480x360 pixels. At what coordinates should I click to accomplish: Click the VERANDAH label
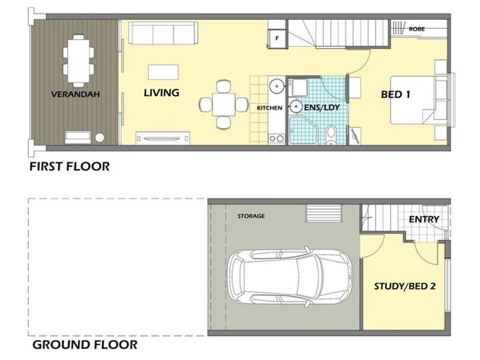[x=76, y=94]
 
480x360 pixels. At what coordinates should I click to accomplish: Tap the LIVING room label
[x=161, y=92]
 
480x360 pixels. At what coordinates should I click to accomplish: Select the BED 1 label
[x=395, y=94]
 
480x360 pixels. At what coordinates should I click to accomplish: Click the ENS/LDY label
[x=322, y=107]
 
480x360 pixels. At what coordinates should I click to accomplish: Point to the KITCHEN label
[x=269, y=108]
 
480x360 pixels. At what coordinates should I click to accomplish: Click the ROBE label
[x=417, y=29]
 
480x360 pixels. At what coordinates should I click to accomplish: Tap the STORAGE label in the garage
[x=251, y=216]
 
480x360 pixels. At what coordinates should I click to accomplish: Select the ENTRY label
[x=424, y=219]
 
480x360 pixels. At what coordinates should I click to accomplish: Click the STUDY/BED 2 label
[x=404, y=286]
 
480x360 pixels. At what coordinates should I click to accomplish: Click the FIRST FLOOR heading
[x=70, y=167]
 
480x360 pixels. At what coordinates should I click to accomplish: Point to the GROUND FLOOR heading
[x=85, y=344]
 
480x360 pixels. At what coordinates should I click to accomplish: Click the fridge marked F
[x=277, y=38]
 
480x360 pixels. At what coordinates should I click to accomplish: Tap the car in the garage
[x=290, y=277]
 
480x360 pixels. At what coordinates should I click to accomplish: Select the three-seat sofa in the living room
[x=163, y=33]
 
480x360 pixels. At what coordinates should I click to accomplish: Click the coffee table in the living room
[x=163, y=72]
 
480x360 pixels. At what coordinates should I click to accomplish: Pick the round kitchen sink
[x=277, y=86]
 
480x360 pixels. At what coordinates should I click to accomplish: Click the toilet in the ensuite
[x=331, y=135]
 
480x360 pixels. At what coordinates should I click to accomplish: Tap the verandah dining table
[x=79, y=61]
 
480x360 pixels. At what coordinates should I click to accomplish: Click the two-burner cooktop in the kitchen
[x=277, y=139]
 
